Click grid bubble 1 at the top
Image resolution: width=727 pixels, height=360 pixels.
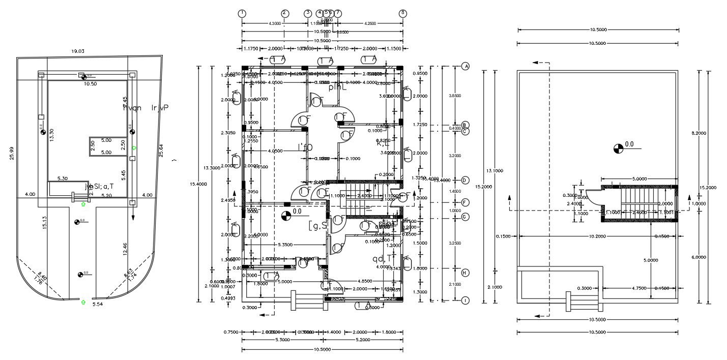[242, 14]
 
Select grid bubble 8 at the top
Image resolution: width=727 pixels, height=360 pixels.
[403, 14]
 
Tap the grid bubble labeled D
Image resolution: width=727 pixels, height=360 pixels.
[464, 180]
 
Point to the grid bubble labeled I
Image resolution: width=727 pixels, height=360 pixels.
[464, 301]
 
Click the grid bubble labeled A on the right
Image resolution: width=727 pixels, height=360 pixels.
[464, 67]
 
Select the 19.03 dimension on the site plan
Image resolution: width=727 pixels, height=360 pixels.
[78, 51]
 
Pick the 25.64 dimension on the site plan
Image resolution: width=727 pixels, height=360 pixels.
[161, 151]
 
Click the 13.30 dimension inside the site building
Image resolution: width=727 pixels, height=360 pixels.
[51, 135]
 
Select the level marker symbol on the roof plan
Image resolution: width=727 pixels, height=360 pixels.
[618, 148]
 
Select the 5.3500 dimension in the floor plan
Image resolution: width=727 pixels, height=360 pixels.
[284, 245]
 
